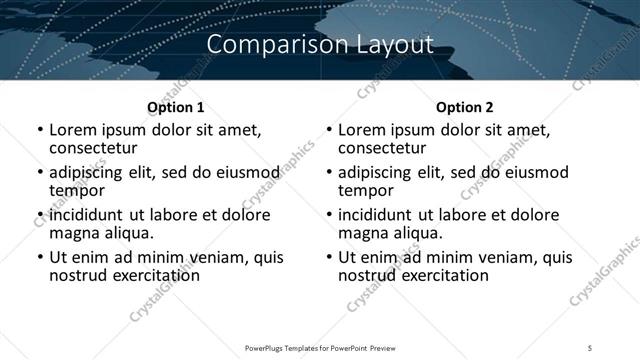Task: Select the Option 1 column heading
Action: tap(175, 107)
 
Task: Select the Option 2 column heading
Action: tap(464, 107)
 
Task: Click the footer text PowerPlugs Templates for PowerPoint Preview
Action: tap(320, 347)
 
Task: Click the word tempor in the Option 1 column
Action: tap(76, 190)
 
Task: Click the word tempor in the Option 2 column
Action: tap(365, 190)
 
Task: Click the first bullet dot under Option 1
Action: tap(39, 130)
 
